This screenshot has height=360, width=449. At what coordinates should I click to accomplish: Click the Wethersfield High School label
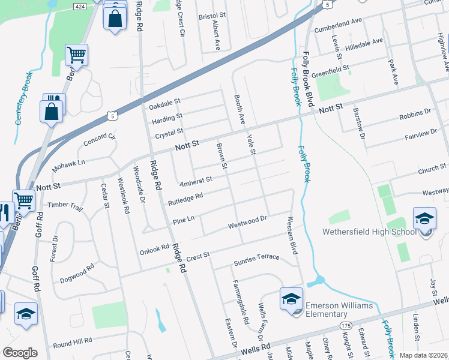369,232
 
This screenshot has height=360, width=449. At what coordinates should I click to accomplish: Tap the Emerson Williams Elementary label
339,310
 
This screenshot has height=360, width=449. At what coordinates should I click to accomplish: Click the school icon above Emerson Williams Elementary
291,299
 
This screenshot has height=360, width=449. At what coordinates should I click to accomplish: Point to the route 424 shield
79,6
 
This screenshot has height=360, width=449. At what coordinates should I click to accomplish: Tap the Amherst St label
196,179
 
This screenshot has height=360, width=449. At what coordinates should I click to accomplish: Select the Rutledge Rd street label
185,197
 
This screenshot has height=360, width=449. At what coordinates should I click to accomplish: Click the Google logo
20,353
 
